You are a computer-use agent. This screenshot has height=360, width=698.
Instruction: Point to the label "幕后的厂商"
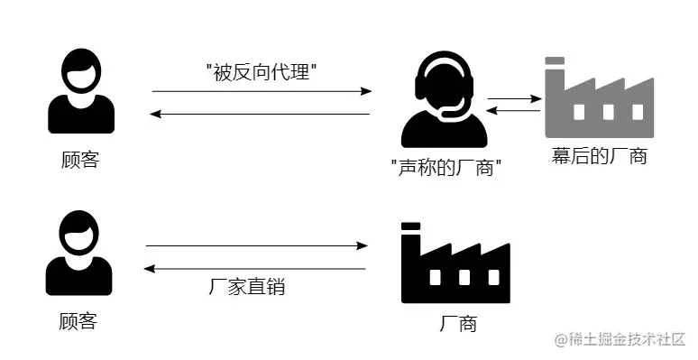pyautogui.click(x=600, y=155)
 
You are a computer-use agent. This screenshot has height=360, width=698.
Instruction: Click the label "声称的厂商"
pyautogui.click(x=446, y=168)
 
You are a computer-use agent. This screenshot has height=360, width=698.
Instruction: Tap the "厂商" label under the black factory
pyautogui.click(x=458, y=323)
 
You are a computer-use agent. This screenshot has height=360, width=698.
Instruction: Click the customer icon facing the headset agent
pyautogui.click(x=81, y=91)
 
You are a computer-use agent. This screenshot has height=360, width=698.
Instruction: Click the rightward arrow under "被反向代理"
pyautogui.click(x=262, y=91)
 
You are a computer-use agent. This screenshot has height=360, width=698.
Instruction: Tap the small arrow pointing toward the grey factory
pyautogui.click(x=514, y=98)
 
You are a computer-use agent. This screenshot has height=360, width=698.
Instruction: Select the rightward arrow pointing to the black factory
pyautogui.click(x=257, y=245)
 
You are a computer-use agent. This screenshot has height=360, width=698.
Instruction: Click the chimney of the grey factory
pyautogui.click(x=555, y=77)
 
